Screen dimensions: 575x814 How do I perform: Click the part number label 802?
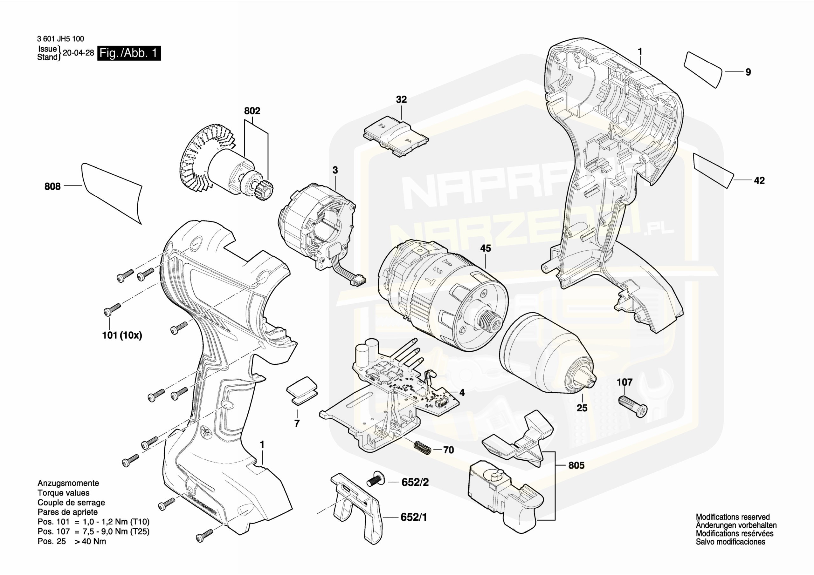pos(252,111)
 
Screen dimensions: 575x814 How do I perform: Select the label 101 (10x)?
pos(122,335)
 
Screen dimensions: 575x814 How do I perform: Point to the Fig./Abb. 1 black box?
pos(129,53)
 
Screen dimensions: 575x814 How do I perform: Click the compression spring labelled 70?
pos(423,448)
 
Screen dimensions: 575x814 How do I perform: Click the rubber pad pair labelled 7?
pos(302,390)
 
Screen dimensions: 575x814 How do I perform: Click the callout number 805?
pos(576,465)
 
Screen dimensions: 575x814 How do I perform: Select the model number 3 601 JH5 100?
pos(60,39)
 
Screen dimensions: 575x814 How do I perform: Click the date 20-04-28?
pos(78,53)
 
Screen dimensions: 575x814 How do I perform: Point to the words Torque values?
pos(64,492)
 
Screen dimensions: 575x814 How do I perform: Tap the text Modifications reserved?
pos(733,517)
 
